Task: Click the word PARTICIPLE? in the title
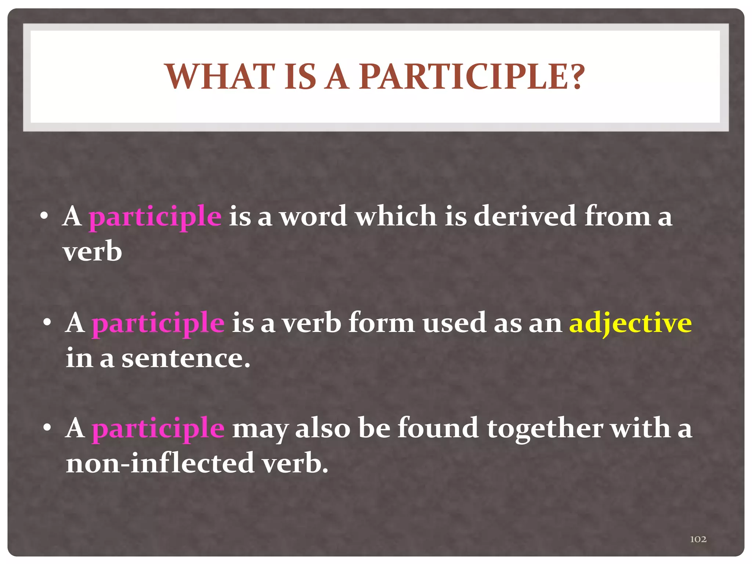tap(471, 77)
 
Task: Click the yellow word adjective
tap(630, 323)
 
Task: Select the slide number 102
tap(698, 539)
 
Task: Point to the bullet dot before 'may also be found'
tap(47, 428)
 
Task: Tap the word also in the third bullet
tap(323, 428)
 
